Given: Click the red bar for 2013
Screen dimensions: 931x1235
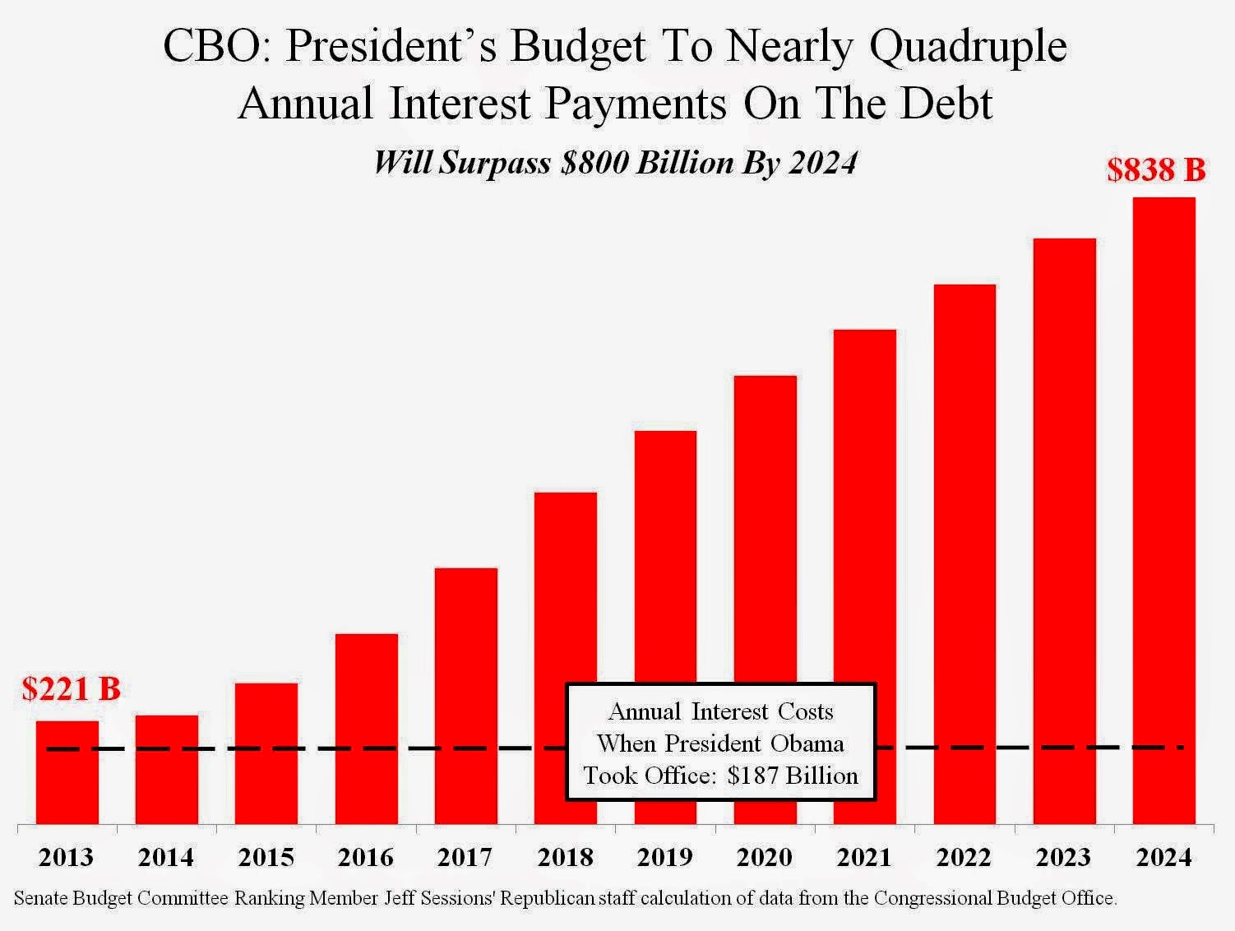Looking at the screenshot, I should pos(67,773).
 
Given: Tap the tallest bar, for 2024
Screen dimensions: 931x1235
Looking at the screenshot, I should pos(1163,510).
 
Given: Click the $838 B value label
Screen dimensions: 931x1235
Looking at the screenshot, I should pos(1155,170).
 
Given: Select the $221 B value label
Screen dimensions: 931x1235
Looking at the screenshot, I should pos(71,688).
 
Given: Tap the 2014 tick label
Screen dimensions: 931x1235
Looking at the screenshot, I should pos(166,858).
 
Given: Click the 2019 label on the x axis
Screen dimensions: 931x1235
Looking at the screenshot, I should pos(665,858).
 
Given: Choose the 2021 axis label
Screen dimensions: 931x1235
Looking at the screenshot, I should pos(864,858).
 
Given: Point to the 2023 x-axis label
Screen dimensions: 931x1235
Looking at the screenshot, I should pos(1064,858).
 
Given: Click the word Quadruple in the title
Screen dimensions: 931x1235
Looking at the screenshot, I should pos(968,47).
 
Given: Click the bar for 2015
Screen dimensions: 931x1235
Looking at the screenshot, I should pos(266,753).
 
